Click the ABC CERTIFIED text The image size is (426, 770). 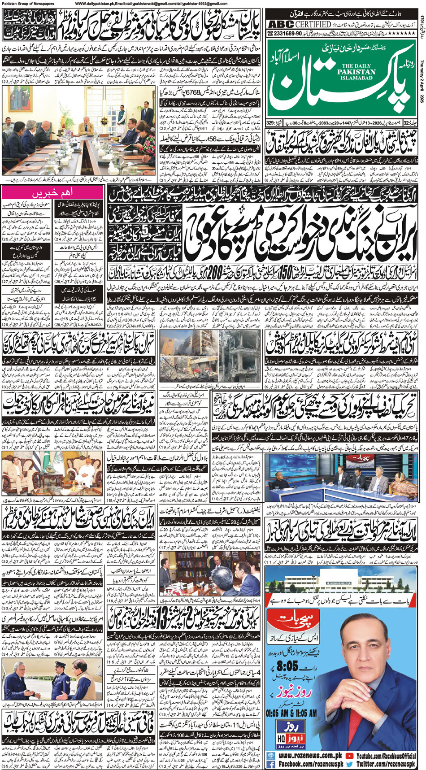coord(300,24)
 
